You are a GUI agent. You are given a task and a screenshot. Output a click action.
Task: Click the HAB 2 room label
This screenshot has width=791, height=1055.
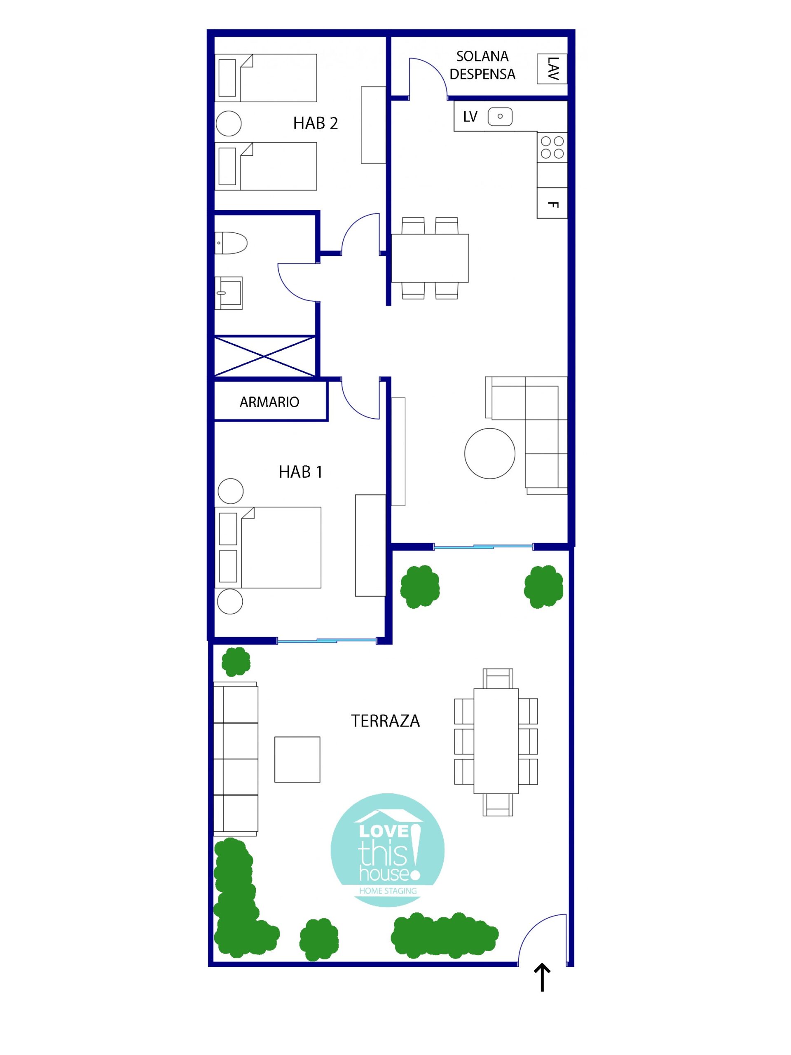click(x=315, y=123)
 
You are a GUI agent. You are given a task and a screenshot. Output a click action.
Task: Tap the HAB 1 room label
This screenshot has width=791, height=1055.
click(x=300, y=472)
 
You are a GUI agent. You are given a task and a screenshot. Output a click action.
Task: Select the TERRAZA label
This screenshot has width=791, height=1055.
click(x=385, y=721)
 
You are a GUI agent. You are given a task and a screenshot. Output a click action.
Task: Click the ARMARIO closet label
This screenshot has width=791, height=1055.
click(x=269, y=402)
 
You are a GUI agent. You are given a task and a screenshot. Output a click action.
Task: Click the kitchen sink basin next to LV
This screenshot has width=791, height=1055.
click(x=500, y=116)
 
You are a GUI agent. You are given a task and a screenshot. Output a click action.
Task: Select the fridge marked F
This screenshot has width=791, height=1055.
click(x=552, y=203)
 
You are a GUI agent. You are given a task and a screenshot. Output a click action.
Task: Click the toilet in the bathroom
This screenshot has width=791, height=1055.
click(x=231, y=243)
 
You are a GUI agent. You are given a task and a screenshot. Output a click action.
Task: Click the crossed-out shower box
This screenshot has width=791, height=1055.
click(x=264, y=356)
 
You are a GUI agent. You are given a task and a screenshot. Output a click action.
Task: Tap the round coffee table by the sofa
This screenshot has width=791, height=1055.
click(x=490, y=454)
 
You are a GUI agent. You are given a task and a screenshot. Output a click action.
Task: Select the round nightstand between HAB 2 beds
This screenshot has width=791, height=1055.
click(x=228, y=124)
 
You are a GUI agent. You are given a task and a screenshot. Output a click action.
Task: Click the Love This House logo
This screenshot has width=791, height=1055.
click(x=388, y=851)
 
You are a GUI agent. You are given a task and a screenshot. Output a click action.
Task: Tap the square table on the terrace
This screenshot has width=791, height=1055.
click(x=297, y=759)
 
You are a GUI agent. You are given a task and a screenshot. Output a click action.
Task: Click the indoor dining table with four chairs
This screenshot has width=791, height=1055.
click(x=430, y=258)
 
